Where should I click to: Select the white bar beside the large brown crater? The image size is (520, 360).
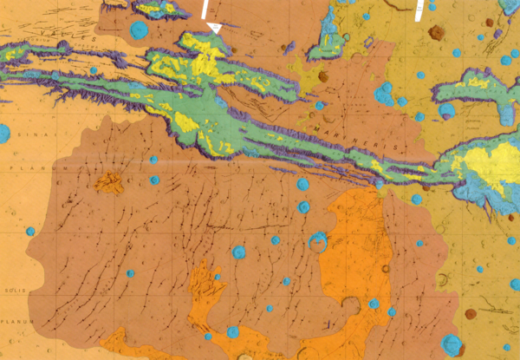[x=419, y=10]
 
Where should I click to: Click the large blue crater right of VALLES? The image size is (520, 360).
[x=138, y=31]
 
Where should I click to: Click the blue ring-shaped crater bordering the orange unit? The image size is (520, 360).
[x=318, y=240]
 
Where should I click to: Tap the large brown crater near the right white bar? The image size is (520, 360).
[x=436, y=33]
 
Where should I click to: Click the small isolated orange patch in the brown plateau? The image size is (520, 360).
[x=109, y=182]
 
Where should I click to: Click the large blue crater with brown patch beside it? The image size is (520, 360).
[x=452, y=344]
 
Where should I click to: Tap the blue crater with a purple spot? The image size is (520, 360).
[x=446, y=111]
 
